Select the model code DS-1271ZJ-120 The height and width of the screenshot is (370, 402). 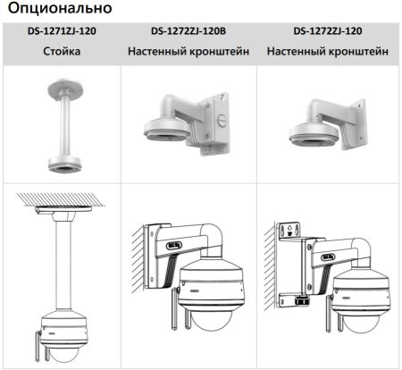pyautogui.click(x=62, y=32)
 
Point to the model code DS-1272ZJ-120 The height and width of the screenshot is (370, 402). pyautogui.click(x=328, y=32)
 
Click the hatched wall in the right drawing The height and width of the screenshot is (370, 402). pyautogui.click(x=269, y=268)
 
